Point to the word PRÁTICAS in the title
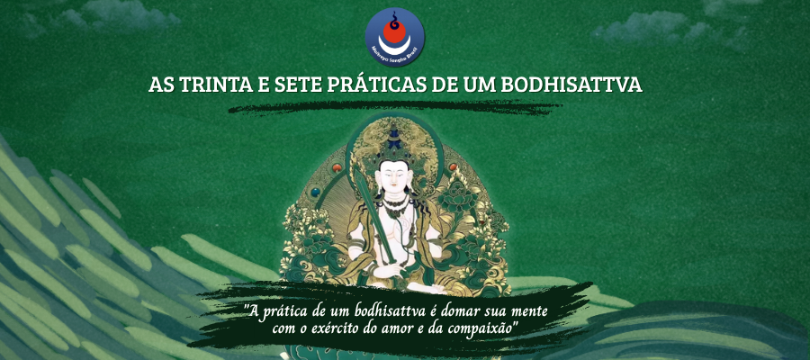tap(389, 86)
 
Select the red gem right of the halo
tap(452, 167)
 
